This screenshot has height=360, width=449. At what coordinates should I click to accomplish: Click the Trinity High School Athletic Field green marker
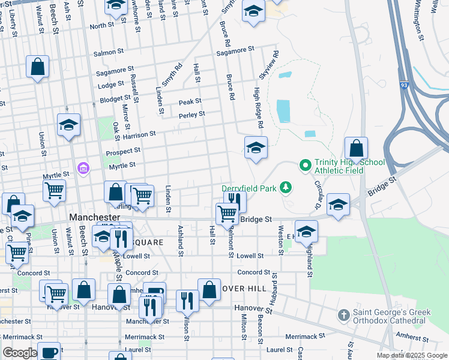point(305,164)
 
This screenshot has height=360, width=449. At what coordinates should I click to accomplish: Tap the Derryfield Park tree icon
point(286,188)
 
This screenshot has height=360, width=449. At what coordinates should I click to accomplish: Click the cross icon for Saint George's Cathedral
point(343,314)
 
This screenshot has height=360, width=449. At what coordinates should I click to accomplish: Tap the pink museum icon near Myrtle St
point(83,167)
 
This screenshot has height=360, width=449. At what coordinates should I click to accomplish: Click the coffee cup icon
point(49,352)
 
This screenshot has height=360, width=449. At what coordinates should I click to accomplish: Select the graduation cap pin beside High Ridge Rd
point(256,147)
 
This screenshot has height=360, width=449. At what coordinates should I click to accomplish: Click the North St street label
point(101,26)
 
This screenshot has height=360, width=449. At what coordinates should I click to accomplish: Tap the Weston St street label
point(280,238)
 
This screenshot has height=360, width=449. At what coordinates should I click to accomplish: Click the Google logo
point(20,353)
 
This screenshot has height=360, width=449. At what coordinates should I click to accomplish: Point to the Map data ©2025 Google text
point(411,355)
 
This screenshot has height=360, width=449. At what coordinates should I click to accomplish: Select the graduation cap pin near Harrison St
point(69,125)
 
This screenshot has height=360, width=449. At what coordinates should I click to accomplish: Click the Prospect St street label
point(123,151)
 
